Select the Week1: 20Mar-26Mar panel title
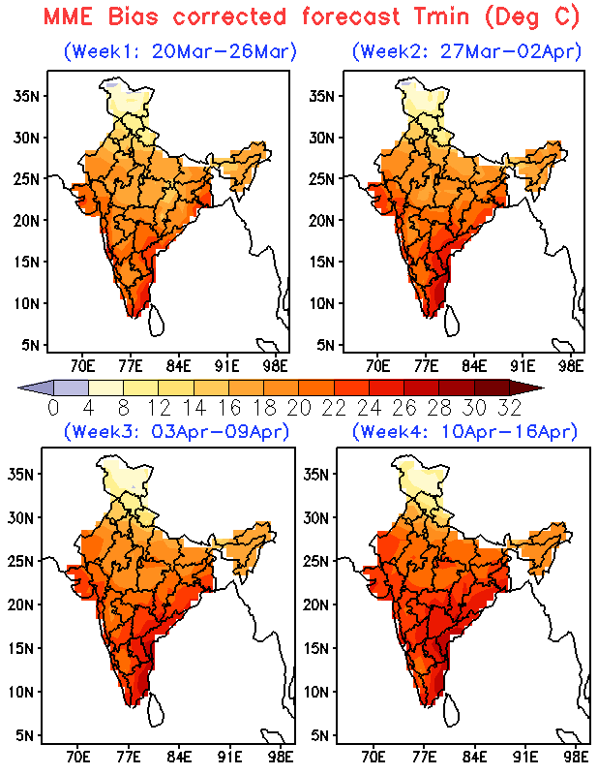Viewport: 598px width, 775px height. tap(180, 51)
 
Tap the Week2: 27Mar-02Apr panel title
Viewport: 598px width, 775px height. tap(464, 51)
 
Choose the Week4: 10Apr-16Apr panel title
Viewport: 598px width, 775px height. tap(464, 430)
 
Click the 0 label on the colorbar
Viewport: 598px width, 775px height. tap(53, 406)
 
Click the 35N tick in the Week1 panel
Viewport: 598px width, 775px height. tap(26, 95)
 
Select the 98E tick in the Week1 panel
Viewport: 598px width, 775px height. tap(276, 366)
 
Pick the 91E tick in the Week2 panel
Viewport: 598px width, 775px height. tap(523, 366)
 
